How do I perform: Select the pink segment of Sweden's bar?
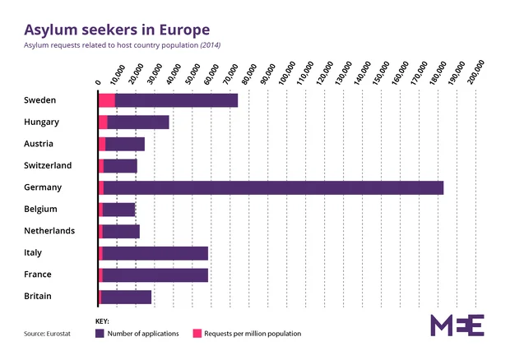tap(107, 100)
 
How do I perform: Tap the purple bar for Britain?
tap(126, 297)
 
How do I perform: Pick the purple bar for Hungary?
tap(138, 122)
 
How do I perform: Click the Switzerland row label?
tap(49, 165)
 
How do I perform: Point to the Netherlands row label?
tap(50, 231)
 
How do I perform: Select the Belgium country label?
tap(41, 209)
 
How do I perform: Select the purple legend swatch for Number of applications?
tap(100, 334)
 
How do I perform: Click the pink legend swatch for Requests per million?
tap(197, 334)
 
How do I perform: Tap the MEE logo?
tap(457, 325)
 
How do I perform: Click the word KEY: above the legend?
tap(103, 321)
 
